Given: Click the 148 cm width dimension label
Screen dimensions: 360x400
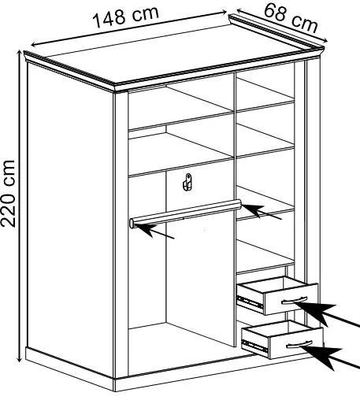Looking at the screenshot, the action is coord(126,17).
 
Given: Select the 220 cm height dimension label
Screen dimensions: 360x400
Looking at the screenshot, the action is coord(9,193).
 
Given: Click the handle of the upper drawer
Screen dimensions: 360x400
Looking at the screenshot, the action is coord(294,300).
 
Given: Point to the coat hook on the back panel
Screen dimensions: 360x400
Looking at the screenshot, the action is coord(187,182).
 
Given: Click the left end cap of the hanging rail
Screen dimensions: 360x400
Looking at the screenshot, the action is coord(132,224).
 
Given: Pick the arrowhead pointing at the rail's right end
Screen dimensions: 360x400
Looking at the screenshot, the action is coord(253,209).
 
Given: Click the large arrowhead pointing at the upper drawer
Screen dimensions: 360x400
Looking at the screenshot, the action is coord(317,311).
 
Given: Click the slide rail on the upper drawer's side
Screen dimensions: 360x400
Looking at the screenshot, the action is coord(250,302).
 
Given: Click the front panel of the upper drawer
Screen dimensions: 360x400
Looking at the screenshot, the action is coord(291,299).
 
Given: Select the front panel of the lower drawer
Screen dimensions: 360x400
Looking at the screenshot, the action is coord(296,343).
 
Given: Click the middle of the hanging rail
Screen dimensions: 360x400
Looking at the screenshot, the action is coord(185,213).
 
